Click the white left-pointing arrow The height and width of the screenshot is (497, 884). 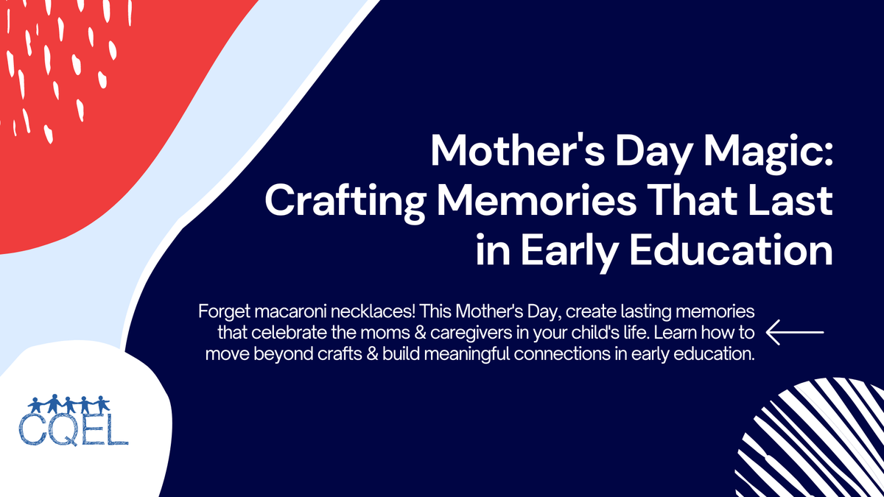[x=795, y=332]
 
